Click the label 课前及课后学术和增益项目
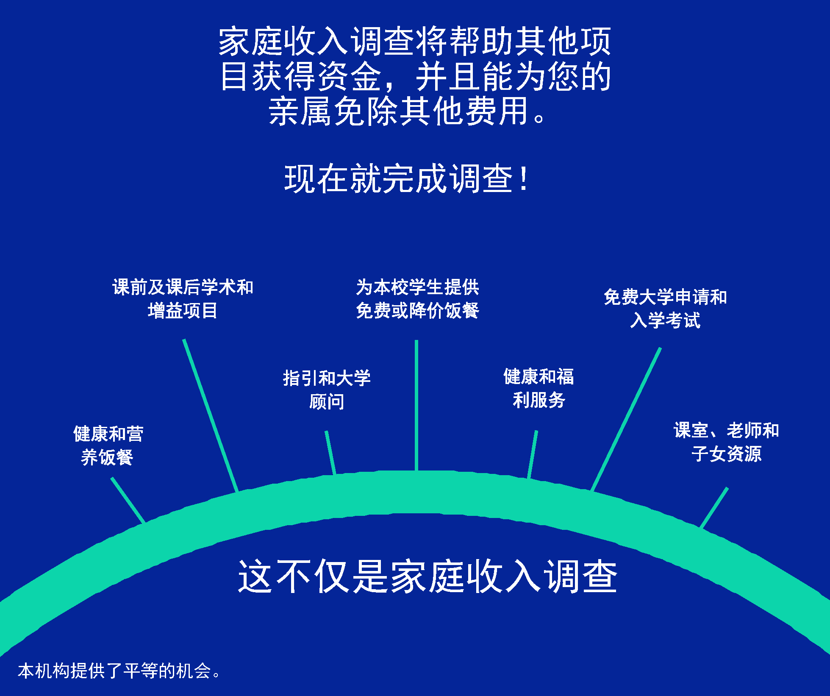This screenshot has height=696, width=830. [183, 299]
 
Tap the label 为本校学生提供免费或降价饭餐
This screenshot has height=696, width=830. [417, 299]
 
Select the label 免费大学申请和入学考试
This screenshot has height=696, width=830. [665, 309]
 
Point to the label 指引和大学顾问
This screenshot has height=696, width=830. [327, 390]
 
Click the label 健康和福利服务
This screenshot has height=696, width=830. [539, 388]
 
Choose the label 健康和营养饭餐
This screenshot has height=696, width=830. [108, 445]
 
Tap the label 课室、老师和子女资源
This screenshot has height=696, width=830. [726, 442]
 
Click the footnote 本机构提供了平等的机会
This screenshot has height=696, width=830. [119, 671]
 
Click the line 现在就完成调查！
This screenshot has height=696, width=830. [406, 178]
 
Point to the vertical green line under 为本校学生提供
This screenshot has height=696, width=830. [416, 406]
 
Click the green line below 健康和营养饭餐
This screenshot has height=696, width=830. [128, 501]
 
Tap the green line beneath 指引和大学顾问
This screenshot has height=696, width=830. [330, 453]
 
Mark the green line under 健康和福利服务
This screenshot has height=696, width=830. [533, 454]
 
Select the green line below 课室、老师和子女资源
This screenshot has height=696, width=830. [714, 507]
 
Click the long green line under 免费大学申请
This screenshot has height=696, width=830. [626, 419]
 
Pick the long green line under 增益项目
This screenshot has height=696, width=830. [211, 415]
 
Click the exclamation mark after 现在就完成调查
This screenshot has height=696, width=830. [525, 178]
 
